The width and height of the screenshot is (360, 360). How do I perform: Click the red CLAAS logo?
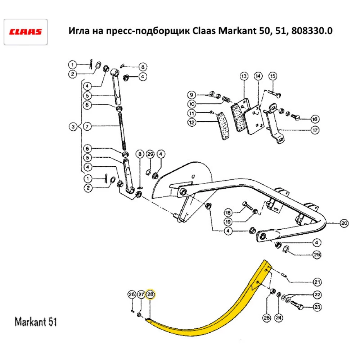(26, 32)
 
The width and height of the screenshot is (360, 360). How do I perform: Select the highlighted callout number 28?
(150, 294)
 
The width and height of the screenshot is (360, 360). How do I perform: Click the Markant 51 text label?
(36, 321)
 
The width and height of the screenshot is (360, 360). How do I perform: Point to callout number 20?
(344, 224)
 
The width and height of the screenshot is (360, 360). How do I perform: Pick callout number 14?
(258, 76)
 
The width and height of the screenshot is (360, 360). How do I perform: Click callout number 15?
(272, 76)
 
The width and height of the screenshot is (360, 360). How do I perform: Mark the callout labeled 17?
(315, 131)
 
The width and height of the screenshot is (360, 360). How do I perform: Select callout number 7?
(87, 127)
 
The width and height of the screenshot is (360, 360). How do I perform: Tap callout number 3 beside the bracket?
(73, 127)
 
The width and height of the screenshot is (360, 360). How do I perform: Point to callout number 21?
(317, 282)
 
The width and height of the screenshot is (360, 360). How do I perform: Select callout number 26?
(131, 294)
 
